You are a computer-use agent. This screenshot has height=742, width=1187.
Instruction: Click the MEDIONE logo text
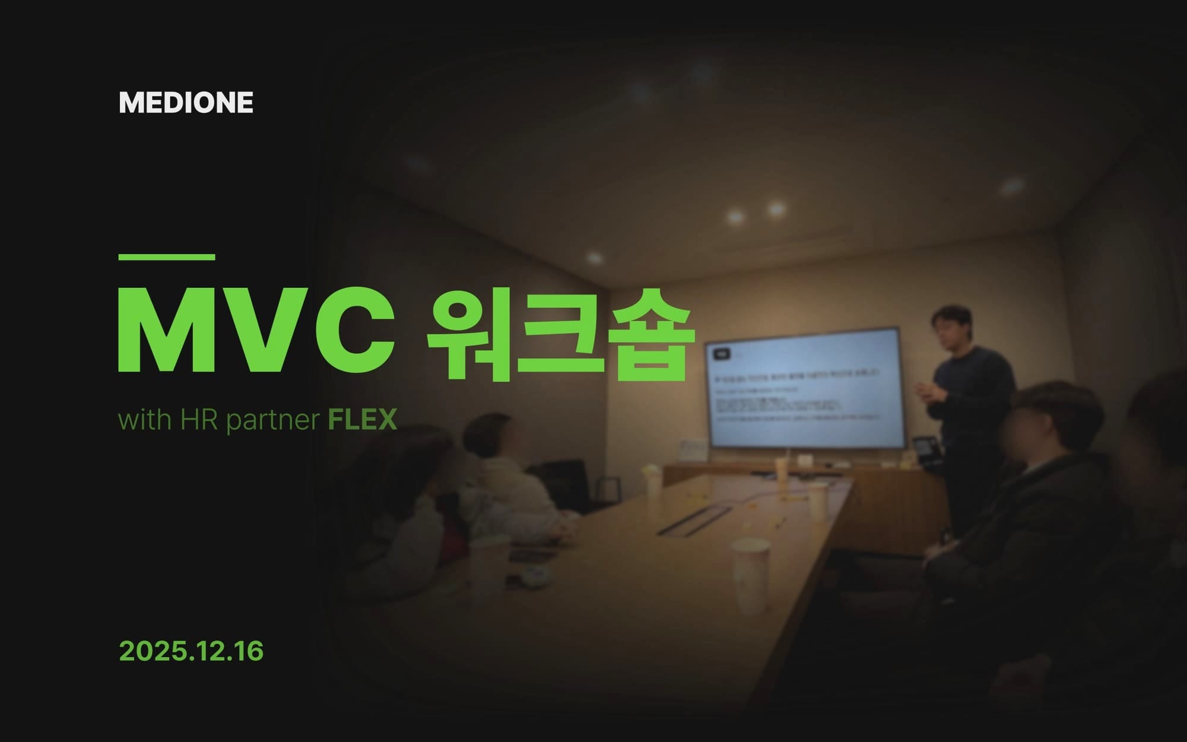click(x=186, y=103)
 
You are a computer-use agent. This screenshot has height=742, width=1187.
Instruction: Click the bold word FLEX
click(x=362, y=420)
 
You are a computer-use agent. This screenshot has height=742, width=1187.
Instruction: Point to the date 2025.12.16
click(x=191, y=651)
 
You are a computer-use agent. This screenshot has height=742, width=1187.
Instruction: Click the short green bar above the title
click(x=167, y=257)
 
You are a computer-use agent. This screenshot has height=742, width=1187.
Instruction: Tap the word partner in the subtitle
click(x=273, y=421)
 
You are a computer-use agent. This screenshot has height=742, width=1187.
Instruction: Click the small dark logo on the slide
click(x=722, y=353)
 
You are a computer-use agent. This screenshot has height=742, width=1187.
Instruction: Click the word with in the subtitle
click(x=145, y=420)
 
